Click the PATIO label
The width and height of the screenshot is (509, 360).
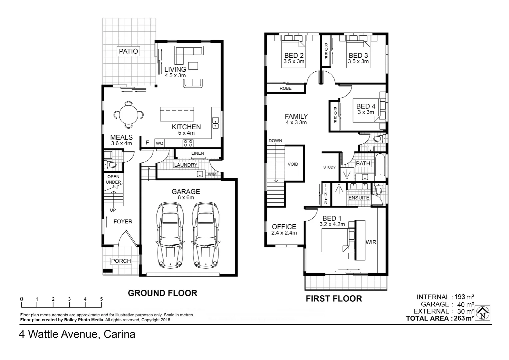129,51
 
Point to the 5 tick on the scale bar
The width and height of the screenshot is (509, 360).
101,299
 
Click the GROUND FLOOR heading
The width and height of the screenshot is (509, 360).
163,293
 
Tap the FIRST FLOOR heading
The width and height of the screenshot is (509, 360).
334,299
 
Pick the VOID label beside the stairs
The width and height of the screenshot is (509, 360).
293,164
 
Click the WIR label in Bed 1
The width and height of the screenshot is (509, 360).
371,242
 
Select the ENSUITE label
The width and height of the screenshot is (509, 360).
359,198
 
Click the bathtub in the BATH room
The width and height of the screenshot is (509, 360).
380,165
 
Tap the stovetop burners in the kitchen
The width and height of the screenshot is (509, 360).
188,143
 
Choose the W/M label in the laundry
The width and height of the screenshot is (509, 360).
212,174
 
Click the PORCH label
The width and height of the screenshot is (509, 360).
121,261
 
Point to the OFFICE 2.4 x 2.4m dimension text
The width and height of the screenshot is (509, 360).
284,233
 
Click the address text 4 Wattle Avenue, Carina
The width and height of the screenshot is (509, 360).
77,334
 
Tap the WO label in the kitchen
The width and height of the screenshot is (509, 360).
160,143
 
